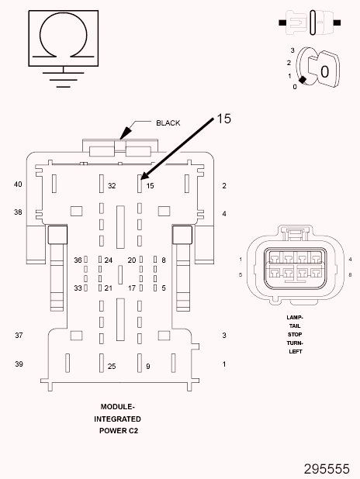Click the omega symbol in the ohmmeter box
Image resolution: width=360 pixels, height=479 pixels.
click(x=64, y=14)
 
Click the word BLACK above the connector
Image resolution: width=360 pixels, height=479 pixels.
click(x=168, y=122)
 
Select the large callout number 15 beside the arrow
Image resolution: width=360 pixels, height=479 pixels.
click(x=224, y=119)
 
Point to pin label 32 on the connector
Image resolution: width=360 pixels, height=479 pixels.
click(x=112, y=186)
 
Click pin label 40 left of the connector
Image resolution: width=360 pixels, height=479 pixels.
click(x=18, y=184)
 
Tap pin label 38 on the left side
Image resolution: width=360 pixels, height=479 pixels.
click(x=18, y=212)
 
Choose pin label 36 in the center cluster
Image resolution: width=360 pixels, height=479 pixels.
click(x=78, y=260)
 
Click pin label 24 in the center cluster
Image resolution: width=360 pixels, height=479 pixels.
click(x=109, y=260)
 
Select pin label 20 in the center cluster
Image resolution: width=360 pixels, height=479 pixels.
click(x=132, y=260)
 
